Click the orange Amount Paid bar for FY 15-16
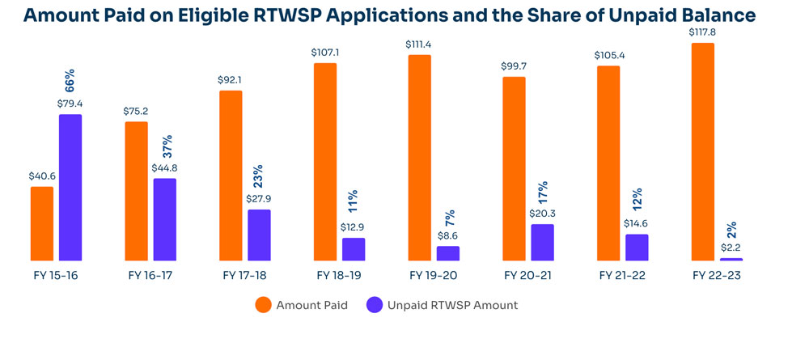[42, 224]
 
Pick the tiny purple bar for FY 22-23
[731, 259]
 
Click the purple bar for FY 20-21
[542, 243]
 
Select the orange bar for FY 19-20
[419, 159]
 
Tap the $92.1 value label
[231, 79]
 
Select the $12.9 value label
[354, 227]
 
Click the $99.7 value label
[514, 66]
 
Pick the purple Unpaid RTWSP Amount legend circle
[374, 305]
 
